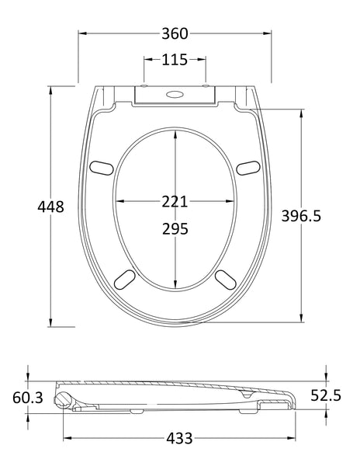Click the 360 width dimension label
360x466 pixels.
[x=175, y=33]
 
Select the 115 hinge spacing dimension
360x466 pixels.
[x=175, y=59]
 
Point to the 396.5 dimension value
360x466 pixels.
[x=321, y=217]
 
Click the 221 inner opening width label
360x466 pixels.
[x=175, y=201]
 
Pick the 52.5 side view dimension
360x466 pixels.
[x=326, y=395]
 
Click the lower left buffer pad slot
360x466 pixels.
[x=123, y=278]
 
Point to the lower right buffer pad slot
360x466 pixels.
[x=226, y=278]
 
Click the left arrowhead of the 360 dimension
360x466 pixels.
[x=81, y=33]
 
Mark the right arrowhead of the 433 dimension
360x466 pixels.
[x=296, y=437]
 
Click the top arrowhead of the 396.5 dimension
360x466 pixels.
[x=300, y=112]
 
